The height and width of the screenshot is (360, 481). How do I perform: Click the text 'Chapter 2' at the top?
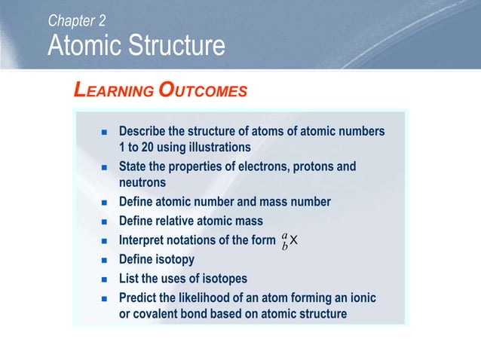[77, 21]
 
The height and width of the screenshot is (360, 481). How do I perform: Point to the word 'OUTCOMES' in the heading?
[201, 91]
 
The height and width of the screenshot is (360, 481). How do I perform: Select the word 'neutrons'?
[142, 182]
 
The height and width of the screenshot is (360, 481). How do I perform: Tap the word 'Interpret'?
[144, 241]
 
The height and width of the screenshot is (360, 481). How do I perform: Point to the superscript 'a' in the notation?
[285, 235]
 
